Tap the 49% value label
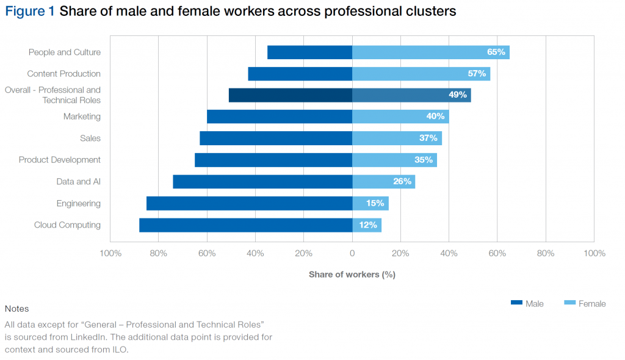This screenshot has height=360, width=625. tap(457, 95)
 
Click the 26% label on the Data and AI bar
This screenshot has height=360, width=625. tap(402, 182)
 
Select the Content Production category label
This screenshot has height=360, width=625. tap(63, 74)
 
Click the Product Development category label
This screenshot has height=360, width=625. tap(59, 160)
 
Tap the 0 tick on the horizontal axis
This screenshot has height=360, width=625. tap(352, 253)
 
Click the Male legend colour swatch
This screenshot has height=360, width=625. tap(516, 303)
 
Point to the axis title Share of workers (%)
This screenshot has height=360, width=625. tap(352, 275)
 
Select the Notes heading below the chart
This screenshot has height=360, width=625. tap(16, 309)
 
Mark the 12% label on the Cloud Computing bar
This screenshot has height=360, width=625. tap(368, 225)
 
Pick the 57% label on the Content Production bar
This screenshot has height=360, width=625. tap(477, 74)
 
